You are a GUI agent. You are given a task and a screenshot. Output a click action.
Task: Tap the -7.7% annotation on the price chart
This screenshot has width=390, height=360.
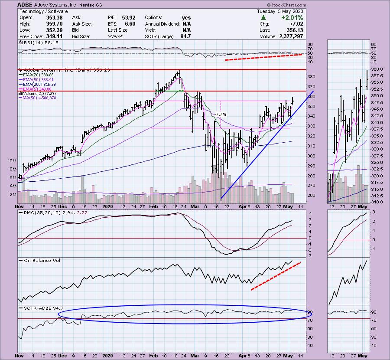(x=221, y=114)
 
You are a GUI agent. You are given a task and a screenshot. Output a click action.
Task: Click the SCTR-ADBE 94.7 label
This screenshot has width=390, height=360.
(x=37, y=308)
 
